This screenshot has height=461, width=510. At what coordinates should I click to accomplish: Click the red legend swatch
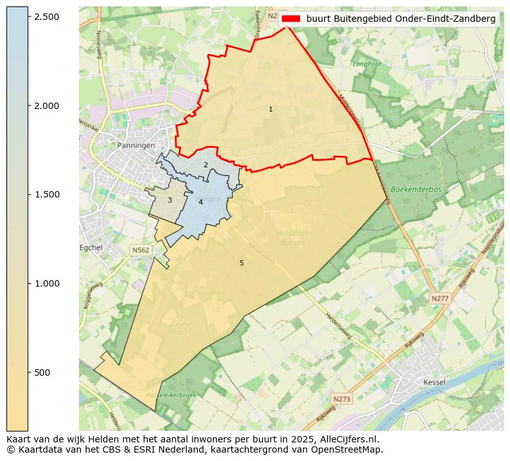click(x=291, y=19)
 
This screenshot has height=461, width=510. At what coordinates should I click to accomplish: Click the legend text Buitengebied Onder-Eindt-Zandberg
click(x=401, y=19)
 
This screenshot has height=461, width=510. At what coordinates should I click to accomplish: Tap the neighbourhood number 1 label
click(x=270, y=110)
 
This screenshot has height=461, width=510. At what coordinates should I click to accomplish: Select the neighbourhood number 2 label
click(x=206, y=165)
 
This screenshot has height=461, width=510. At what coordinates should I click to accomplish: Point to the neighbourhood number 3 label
click(x=170, y=201)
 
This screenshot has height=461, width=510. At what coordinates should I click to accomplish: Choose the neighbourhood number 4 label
click(x=200, y=203)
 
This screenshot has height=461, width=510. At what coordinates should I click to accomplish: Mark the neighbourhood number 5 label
click(x=242, y=264)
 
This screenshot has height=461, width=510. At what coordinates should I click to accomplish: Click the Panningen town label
click(x=136, y=146)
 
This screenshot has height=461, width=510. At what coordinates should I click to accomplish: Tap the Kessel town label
click(x=435, y=383)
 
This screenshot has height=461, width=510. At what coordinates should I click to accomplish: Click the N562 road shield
click(x=141, y=250)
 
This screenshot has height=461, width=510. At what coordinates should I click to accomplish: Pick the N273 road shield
click(x=342, y=399)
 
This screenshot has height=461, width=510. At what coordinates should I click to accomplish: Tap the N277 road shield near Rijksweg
click(x=439, y=299)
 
